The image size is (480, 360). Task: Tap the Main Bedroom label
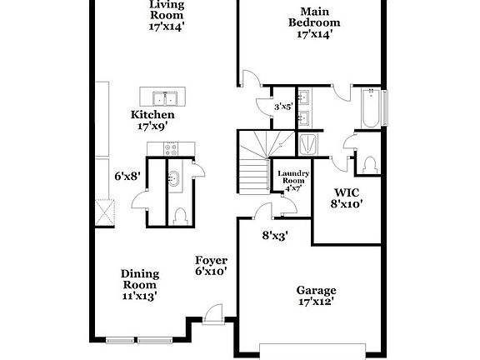314,17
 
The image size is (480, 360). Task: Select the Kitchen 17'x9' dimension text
152,126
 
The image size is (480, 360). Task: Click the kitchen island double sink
165,98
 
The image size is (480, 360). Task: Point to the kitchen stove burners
171,149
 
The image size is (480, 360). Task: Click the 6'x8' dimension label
127,177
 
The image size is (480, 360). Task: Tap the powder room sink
174,179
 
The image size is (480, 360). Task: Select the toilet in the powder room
180,217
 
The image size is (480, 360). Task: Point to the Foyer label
211,261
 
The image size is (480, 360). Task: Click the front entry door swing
213,313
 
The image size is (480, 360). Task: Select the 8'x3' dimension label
276,236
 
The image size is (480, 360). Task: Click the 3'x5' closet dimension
284,107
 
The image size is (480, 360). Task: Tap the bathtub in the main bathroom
371,108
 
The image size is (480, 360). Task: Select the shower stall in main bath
308,144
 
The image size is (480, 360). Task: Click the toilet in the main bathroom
370,165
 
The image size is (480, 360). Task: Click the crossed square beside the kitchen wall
105,213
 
